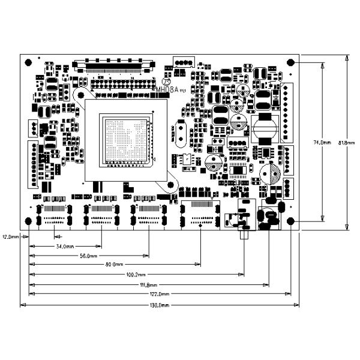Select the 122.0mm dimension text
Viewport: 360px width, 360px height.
(x=160, y=294)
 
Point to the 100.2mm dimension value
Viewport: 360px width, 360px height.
(x=134, y=275)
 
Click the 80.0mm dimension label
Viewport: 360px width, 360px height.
(x=114, y=265)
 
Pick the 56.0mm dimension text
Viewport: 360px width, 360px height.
(x=89, y=256)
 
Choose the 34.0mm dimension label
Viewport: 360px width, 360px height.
(x=65, y=247)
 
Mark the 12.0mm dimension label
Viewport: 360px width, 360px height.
(x=10, y=236)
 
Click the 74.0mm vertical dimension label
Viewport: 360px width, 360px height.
(x=323, y=143)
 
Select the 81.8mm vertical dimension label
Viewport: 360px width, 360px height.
(x=347, y=143)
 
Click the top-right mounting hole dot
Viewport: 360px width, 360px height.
(x=291, y=62)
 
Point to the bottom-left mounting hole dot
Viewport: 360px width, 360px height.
(x=29, y=222)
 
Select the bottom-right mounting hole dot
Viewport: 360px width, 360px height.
(x=291, y=221)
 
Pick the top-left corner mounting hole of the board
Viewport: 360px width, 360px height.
(x=29, y=62)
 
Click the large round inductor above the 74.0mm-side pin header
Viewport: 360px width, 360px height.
(x=264, y=128)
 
